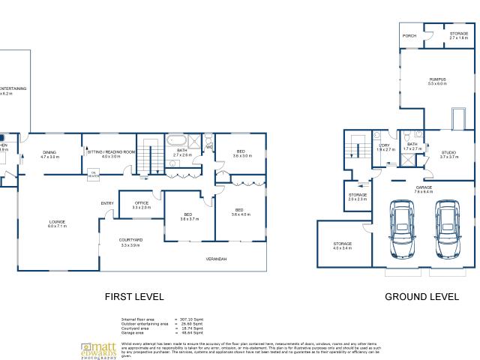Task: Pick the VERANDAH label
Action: (x=217, y=259)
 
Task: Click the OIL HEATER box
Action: (x=94, y=174)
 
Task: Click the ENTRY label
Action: (x=107, y=203)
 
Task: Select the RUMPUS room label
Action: (x=437, y=81)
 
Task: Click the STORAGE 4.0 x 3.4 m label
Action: (x=342, y=245)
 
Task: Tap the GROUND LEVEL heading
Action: (x=421, y=297)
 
